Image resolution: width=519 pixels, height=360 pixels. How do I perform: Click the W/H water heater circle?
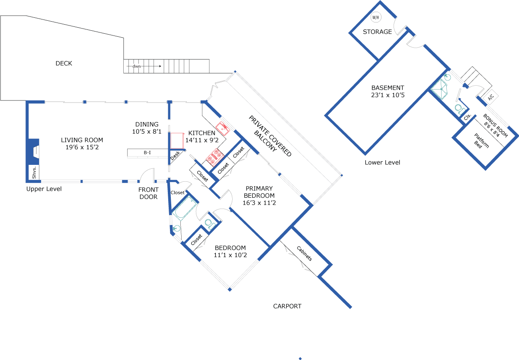pyautogui.click(x=376, y=17)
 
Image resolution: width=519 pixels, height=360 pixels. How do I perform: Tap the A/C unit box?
pyautogui.click(x=490, y=97)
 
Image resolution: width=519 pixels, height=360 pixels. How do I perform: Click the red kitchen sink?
pyautogui.click(x=222, y=129)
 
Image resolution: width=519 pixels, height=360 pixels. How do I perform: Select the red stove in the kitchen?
pyautogui.click(x=215, y=157)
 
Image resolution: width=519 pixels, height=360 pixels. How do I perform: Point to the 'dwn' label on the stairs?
pyautogui.click(x=137, y=66)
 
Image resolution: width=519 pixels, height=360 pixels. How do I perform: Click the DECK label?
pyautogui.click(x=64, y=63)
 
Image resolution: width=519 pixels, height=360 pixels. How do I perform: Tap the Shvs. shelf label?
pyautogui.click(x=34, y=173)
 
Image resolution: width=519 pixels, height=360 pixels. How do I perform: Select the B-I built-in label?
pyautogui.click(x=147, y=153)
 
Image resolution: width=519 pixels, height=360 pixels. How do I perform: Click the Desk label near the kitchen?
pyautogui.click(x=175, y=156)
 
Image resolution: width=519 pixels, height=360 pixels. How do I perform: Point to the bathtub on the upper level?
pyautogui.click(x=185, y=209)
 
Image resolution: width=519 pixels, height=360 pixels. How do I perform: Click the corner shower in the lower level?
pyautogui.click(x=439, y=89)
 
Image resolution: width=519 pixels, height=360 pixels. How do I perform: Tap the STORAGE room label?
pyautogui.click(x=377, y=32)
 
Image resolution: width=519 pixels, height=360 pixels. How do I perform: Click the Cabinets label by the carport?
pyautogui.click(x=304, y=254)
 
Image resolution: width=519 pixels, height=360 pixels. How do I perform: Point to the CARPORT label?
pyautogui.click(x=287, y=306)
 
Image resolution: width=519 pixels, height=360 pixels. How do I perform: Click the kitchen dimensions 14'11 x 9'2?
pyautogui.click(x=202, y=140)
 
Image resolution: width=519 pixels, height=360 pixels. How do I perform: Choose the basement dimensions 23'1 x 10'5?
pyautogui.click(x=388, y=95)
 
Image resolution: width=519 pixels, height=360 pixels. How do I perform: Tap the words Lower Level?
pyautogui.click(x=382, y=163)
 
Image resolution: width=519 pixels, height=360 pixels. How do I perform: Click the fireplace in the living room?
pyautogui.click(x=34, y=151)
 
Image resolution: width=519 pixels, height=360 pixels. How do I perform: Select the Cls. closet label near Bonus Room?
pyautogui.click(x=468, y=117)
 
